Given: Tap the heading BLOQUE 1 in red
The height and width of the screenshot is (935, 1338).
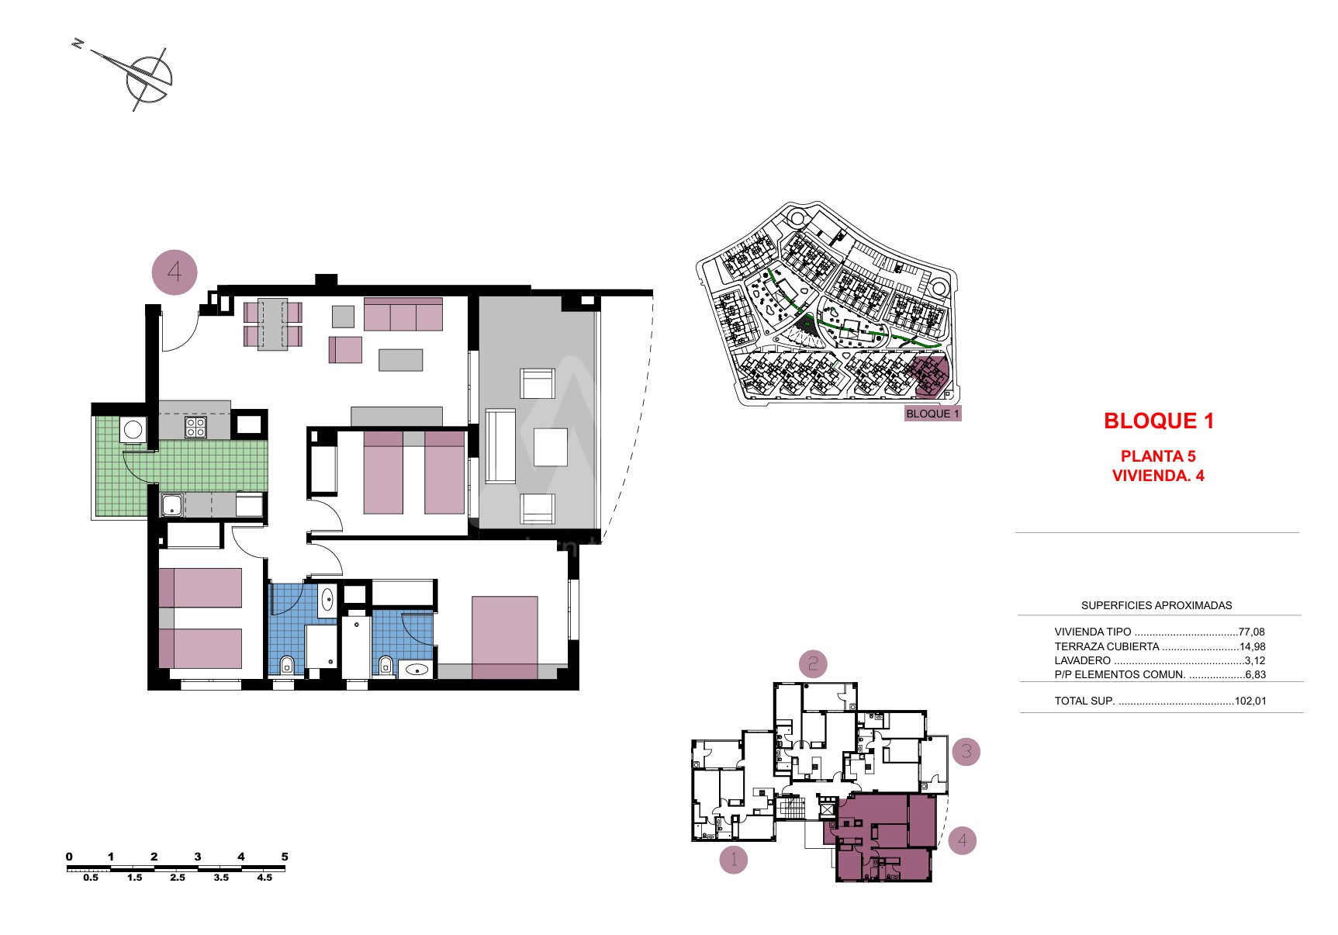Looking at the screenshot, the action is pos(1159,421).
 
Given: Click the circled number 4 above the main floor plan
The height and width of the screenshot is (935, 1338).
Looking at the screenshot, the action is pos(175,272).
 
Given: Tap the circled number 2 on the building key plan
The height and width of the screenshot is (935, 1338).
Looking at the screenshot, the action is pos(813,663).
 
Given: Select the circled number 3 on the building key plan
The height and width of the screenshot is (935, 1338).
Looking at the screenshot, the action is pos(966,751).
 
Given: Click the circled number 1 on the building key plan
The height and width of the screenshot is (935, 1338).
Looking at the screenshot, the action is pos(734,860).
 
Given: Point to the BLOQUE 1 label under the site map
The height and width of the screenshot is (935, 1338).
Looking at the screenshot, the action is pos(933,414).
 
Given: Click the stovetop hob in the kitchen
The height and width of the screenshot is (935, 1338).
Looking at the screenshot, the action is pos(195,427).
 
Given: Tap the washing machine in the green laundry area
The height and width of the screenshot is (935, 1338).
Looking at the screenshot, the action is pos(133,430).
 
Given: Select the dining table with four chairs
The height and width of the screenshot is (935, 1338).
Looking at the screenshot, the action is pos(273,324).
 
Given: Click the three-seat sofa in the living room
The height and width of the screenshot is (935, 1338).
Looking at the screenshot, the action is pos(403,314).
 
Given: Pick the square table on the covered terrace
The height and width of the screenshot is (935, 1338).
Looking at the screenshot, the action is pos(551,447).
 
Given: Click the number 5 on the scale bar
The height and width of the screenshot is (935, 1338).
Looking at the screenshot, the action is pos(285,857).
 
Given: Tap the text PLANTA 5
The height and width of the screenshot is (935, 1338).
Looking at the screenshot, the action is pos(1158,456).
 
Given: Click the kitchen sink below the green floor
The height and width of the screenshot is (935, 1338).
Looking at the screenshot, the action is pos(171,506).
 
